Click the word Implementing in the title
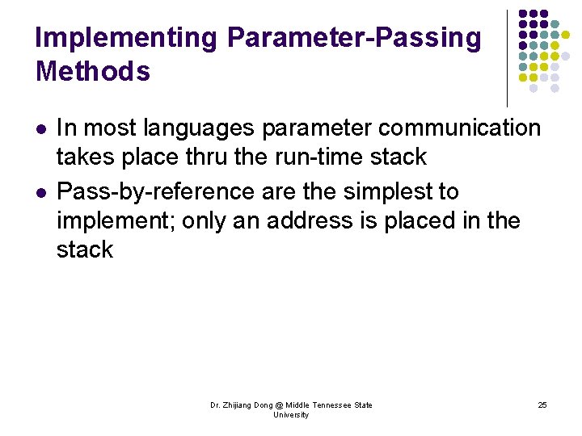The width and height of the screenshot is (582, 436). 127,38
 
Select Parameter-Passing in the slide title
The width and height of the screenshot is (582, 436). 354,38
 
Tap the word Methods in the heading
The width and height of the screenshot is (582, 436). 93,72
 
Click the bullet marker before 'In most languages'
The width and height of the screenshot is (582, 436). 41,129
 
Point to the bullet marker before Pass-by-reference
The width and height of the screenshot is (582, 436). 41,193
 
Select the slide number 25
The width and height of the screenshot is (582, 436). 542,405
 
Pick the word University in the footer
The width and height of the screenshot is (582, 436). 291,414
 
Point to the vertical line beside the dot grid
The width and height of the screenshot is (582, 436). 507,57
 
